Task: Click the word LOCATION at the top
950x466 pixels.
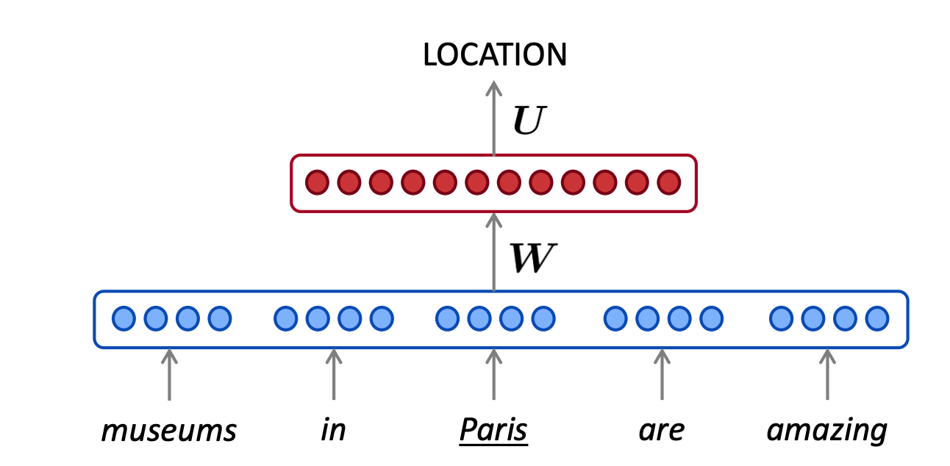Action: pos(494,55)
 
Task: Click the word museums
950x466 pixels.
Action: pos(169,431)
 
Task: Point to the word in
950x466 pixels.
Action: pos(333,431)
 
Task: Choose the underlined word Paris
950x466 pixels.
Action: pos(493,431)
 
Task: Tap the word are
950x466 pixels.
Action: pos(661,431)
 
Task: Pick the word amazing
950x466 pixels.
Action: pos(826,431)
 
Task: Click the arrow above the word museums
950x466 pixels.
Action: pos(169,375)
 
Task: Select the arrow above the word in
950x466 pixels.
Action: pos(333,375)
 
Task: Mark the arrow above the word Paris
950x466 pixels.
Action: pos(493,375)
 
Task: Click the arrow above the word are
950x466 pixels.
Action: pos(661,375)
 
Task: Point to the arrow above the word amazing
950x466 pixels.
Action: pos(827,375)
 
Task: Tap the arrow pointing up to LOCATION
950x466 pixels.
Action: pos(493,118)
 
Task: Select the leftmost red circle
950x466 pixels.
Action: pos(317,182)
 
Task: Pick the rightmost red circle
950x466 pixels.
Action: pos(668,182)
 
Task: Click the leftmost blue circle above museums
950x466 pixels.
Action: pos(124,318)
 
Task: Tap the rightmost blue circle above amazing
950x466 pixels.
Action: pos(876,318)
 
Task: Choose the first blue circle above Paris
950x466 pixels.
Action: pos(447,318)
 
